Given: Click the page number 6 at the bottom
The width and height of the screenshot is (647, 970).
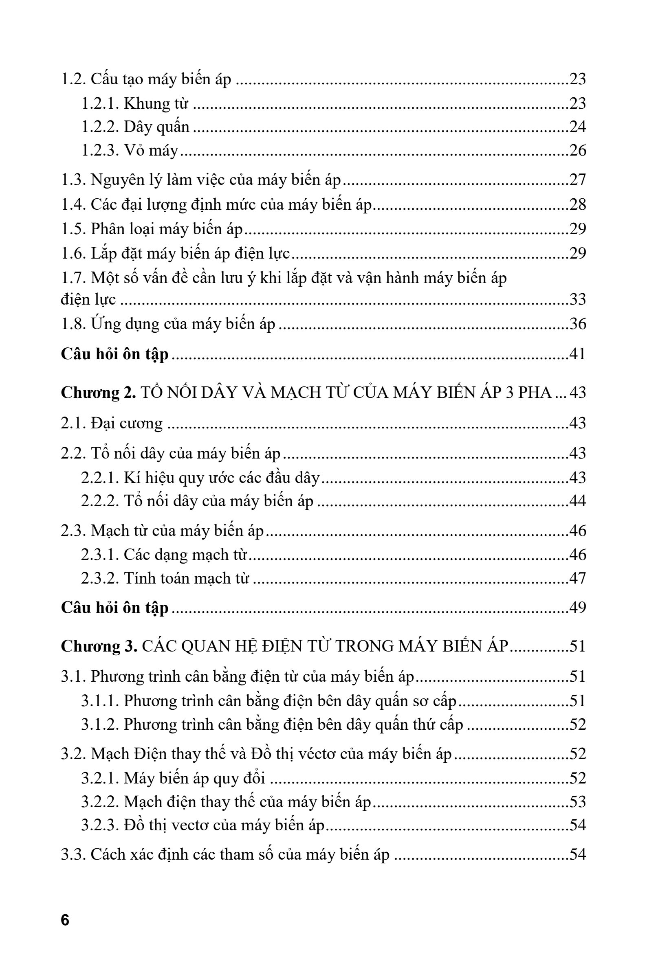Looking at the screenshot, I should point(65,920).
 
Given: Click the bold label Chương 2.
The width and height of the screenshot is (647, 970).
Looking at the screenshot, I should point(98,392).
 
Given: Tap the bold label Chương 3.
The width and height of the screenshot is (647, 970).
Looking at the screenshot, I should point(99,646).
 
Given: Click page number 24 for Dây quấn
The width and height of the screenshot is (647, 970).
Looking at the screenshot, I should point(577,127).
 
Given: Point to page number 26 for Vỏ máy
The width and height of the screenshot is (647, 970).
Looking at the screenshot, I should point(577,150).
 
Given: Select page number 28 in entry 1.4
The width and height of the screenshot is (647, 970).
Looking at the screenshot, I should point(577,204).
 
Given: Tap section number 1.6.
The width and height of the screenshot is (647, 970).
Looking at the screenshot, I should point(73,253).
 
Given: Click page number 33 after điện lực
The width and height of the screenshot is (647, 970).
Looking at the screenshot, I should point(577,299).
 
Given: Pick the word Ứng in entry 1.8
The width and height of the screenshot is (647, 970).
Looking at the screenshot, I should point(102,324).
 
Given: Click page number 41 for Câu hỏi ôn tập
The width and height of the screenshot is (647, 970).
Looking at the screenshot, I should point(577,354).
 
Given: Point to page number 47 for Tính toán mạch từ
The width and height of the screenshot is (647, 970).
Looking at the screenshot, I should point(577,578).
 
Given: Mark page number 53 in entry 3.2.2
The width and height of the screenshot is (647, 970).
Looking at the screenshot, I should point(577,802).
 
